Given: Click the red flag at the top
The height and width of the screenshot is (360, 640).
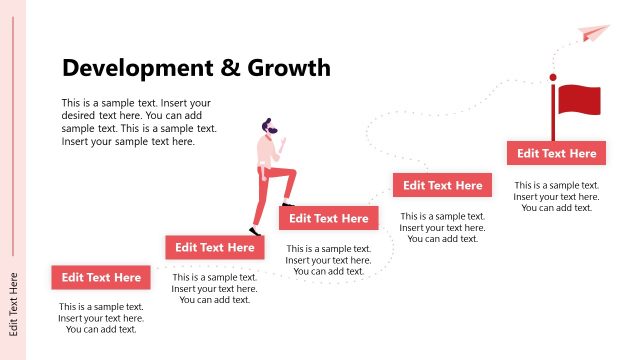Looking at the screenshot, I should point(580,100).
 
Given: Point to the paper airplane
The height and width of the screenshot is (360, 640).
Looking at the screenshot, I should point(593,34).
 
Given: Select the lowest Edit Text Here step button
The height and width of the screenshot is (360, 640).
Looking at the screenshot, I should point(101,277).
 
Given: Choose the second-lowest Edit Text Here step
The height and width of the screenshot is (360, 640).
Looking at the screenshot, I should point(214,247).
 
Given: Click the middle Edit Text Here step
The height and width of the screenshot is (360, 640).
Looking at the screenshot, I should point(329,218).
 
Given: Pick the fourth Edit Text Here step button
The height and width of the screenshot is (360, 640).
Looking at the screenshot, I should point(441,185).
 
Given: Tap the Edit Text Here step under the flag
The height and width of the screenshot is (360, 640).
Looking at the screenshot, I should point(555,153).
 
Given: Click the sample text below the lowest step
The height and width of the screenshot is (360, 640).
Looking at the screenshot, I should point(101,318).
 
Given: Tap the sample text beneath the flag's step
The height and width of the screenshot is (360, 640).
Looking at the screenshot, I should point(556,196).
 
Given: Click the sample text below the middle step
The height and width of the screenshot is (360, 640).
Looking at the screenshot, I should point(329,260).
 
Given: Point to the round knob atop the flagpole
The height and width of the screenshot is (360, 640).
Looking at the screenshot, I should point(552,77).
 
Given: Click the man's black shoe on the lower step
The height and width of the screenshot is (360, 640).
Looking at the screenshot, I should point(258,233).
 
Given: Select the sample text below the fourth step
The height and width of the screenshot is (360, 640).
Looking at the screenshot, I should point(442,227).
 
